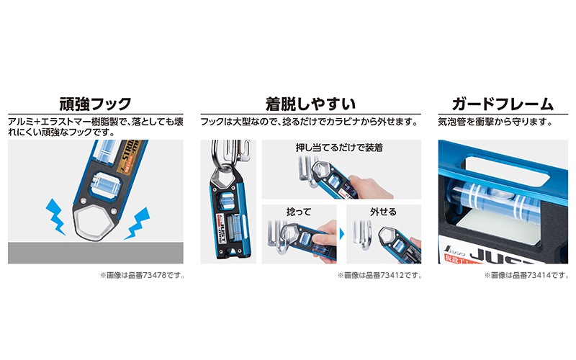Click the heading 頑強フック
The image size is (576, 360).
click(96, 104)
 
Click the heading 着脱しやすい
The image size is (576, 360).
click(311, 104)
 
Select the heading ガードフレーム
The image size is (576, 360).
click(503, 104)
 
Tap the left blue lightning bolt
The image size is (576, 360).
click(55, 217)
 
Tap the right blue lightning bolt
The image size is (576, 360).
click(138, 223)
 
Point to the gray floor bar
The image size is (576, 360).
click(96, 253)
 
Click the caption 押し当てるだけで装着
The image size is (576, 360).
click(339, 148)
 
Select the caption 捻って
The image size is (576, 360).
click(299, 212)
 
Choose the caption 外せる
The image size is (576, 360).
click(384, 212)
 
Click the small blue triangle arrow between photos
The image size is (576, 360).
click(342, 234)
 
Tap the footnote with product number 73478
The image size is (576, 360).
click(142, 275)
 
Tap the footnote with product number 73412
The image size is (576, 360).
click(380, 275)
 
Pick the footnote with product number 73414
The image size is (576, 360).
click(526, 275)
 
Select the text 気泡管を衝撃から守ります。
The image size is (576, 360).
click(496, 122)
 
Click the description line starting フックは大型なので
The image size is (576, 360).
click(310, 122)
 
